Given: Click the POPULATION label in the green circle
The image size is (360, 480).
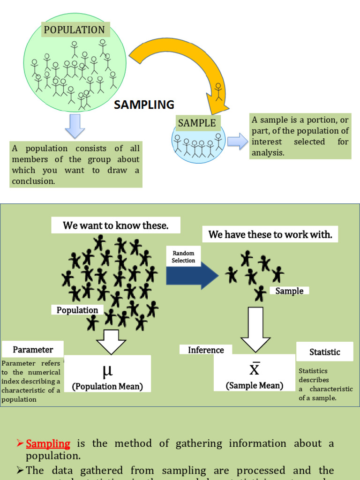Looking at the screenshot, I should coord(75,30).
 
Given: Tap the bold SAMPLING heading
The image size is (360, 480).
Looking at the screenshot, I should coord(144,105).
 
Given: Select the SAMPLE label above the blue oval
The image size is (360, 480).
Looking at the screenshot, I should coord(197,123).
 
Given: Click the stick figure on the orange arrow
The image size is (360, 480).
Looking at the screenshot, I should coord(219,92).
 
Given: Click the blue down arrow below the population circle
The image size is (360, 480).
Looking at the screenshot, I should coord(75,126).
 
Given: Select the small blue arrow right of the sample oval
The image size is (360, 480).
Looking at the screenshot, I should coord(237,142).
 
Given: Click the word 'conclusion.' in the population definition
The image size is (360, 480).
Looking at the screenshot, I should coord(33,181).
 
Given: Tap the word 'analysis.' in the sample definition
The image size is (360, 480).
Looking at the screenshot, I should coord(268,152).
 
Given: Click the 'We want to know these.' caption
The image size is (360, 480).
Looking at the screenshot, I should coord(116,225).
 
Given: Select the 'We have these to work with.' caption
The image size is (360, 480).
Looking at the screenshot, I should coord(270,235).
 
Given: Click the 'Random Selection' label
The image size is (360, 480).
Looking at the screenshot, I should coord(183,257).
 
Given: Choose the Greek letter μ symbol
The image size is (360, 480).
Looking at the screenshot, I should coord(107,371).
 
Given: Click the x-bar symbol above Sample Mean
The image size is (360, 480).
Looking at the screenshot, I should coord(254,368).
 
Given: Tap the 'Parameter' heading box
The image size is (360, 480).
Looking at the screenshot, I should coord(33,350).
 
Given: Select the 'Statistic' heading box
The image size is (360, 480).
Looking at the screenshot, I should coord(325,352).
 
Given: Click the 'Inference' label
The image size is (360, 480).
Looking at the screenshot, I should coord(206,350).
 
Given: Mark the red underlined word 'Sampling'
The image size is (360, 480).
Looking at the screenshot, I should coord(48,443).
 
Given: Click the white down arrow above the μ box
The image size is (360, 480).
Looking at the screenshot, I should coord(111,341).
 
